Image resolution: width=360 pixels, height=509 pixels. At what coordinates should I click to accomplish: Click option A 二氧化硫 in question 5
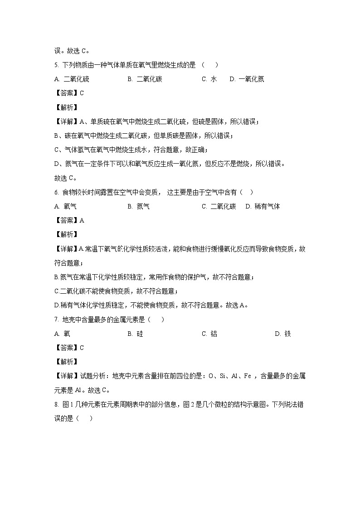point(72,79)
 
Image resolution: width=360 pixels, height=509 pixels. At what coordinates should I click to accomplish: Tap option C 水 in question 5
point(209,79)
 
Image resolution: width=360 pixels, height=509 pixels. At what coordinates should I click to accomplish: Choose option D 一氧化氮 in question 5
point(247,79)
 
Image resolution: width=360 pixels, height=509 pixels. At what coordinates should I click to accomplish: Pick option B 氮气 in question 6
point(138,206)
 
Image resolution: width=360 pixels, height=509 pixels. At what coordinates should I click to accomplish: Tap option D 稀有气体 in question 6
point(263,206)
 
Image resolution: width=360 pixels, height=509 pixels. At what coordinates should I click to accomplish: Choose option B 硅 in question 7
point(135,334)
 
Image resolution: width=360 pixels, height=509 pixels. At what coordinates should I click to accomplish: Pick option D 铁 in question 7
point(282,334)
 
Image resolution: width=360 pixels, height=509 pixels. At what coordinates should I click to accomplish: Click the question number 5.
point(55,65)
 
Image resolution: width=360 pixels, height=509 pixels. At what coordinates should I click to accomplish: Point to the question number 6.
point(55,192)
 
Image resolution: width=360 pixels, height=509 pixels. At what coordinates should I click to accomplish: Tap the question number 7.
point(55,320)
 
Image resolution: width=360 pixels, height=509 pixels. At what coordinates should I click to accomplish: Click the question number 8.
point(55,404)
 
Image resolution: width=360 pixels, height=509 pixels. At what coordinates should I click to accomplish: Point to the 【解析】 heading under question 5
point(66,107)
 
